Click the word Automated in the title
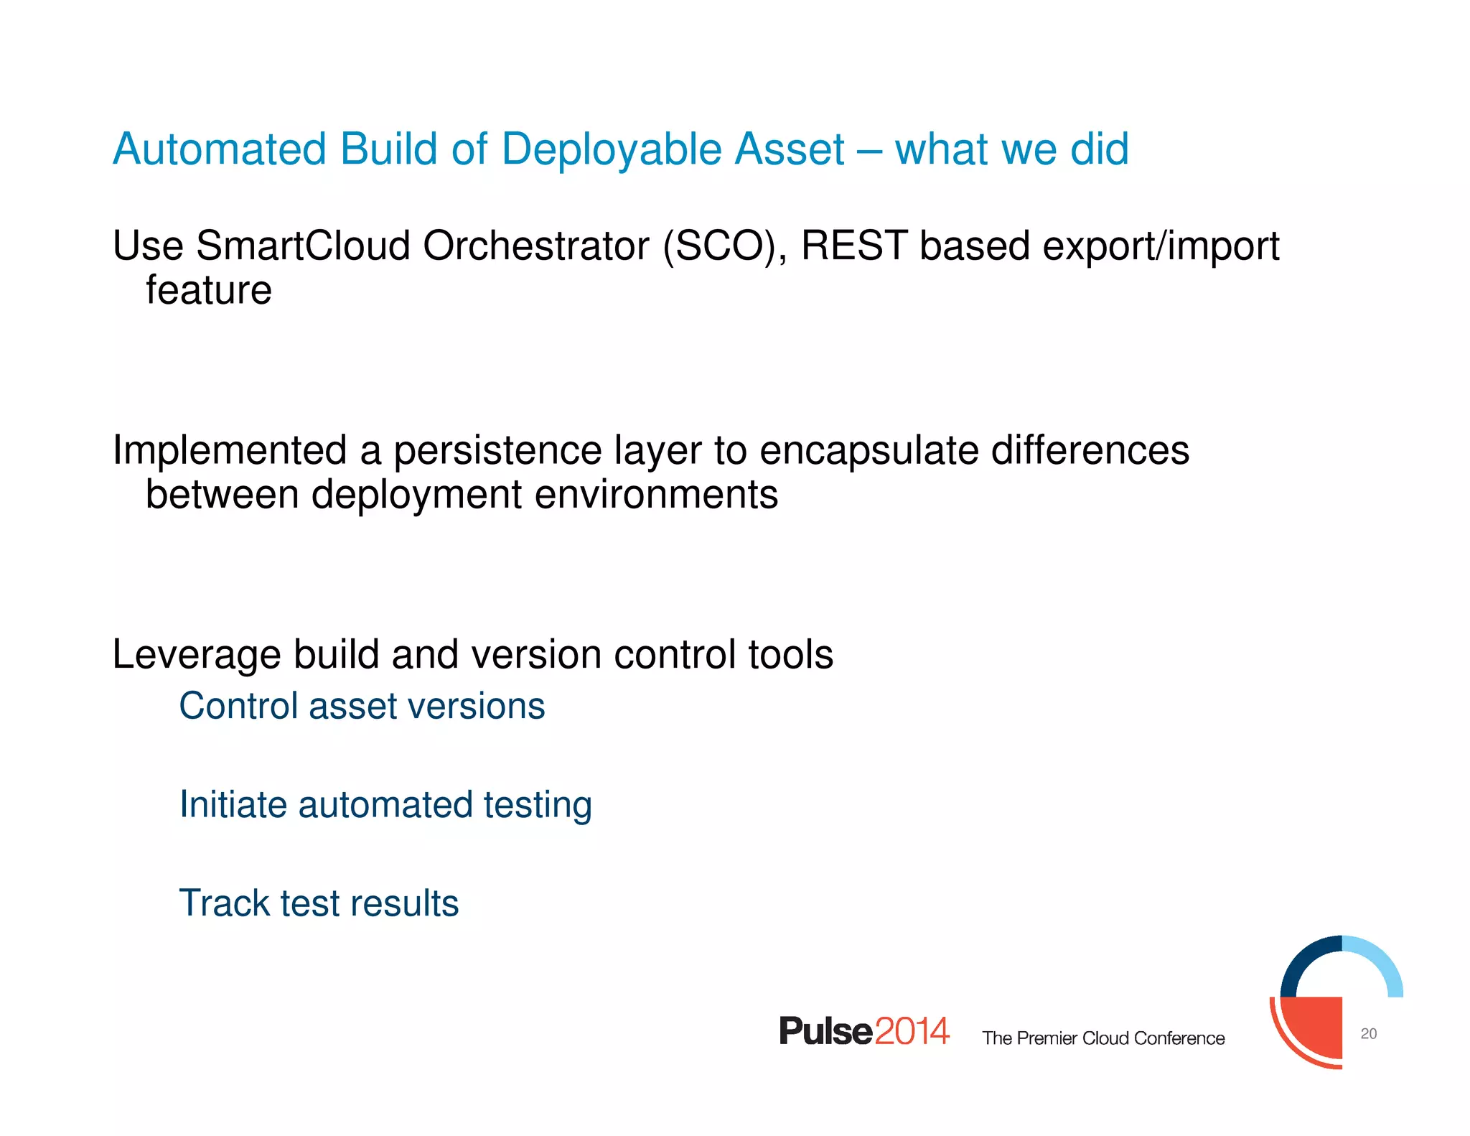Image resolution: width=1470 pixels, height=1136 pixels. pyautogui.click(x=220, y=149)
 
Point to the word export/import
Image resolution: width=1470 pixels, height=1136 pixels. pyautogui.click(x=1161, y=246)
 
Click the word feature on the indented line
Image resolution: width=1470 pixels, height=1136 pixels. pyautogui.click(x=209, y=290)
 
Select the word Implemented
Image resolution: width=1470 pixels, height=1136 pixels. pyautogui.click(x=230, y=451)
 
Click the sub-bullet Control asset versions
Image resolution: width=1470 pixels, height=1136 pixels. pyautogui.click(x=362, y=706)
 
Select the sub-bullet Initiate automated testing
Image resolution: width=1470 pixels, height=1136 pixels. pyautogui.click(x=385, y=804)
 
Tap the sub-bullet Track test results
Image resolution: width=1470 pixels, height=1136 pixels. pyautogui.click(x=319, y=903)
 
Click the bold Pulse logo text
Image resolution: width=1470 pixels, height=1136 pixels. pyautogui.click(x=825, y=1031)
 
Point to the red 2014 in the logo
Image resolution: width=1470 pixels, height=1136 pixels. pyautogui.click(x=912, y=1031)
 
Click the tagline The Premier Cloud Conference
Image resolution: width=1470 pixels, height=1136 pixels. pyautogui.click(x=1103, y=1038)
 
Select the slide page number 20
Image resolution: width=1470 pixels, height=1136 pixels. pyautogui.click(x=1368, y=1034)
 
